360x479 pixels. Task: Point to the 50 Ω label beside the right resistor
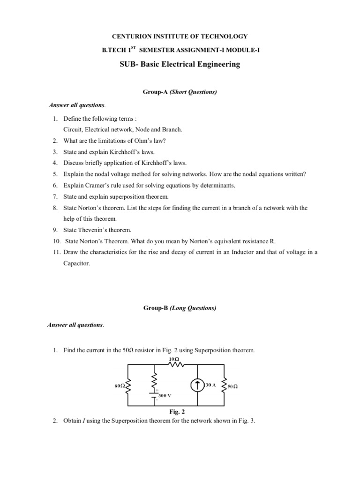click(x=232, y=387)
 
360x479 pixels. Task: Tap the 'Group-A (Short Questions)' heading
click(x=180, y=92)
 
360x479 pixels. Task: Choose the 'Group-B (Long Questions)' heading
click(x=180, y=308)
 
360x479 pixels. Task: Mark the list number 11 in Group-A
click(x=56, y=253)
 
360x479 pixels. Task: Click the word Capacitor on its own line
click(x=76, y=263)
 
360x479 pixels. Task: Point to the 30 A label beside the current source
click(x=211, y=385)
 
